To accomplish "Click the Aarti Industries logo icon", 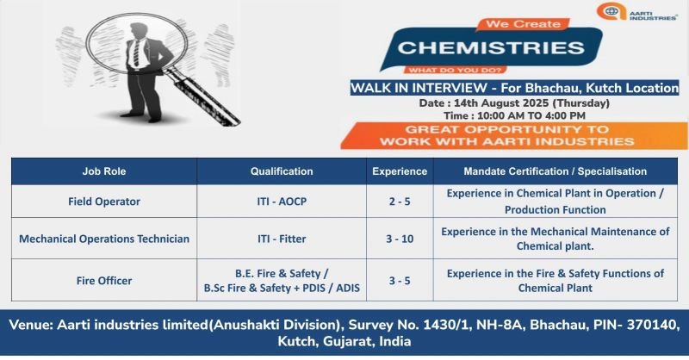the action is click(x=611, y=11).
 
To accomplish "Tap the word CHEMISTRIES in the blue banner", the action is click(x=491, y=48).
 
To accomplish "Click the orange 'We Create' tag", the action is click(x=523, y=24).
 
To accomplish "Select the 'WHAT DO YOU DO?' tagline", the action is click(x=456, y=70).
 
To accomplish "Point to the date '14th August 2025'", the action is click(x=501, y=102).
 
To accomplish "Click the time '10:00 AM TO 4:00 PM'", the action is click(x=531, y=115).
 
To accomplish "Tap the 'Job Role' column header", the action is click(x=104, y=171).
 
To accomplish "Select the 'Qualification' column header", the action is click(x=282, y=171).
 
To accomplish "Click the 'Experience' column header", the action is click(x=400, y=171).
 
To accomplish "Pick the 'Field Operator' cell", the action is click(x=104, y=202).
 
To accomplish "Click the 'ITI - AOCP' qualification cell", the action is click(x=282, y=202).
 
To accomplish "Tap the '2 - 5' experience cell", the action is click(x=400, y=202).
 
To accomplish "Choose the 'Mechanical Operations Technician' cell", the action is click(x=104, y=239).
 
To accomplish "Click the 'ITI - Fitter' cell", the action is click(x=282, y=239).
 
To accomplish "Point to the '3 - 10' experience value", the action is click(x=400, y=239).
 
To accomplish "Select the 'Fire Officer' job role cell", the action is click(x=104, y=281).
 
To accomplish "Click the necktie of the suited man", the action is click(x=136, y=53).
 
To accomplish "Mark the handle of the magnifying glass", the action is click(x=202, y=96).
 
